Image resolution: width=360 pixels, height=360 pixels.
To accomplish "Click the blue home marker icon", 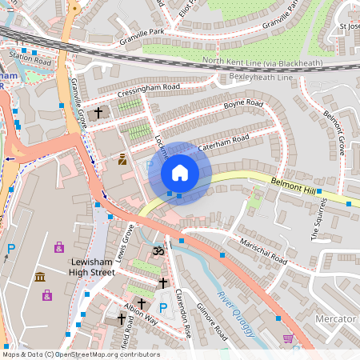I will [x=180, y=173].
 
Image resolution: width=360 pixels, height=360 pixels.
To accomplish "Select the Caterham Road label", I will [x=223, y=142].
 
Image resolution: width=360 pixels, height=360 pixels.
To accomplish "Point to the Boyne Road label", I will [x=243, y=105].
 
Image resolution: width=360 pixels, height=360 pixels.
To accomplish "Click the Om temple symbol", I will [x=157, y=250].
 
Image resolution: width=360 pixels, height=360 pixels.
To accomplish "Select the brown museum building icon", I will [x=40, y=277].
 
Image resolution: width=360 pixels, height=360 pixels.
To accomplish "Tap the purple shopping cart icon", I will [x=287, y=338].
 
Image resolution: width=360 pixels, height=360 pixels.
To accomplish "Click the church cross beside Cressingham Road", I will [x=98, y=114].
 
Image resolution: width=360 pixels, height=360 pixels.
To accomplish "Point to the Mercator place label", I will [x=335, y=318].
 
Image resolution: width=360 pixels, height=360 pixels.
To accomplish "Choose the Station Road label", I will [x=30, y=58].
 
